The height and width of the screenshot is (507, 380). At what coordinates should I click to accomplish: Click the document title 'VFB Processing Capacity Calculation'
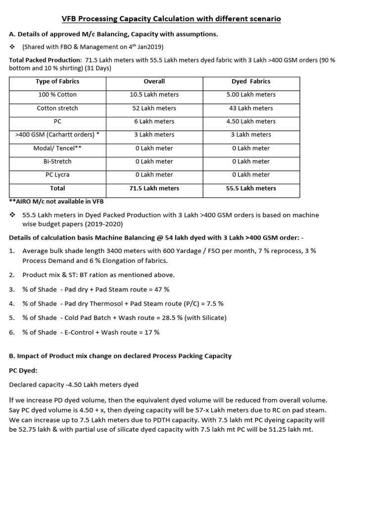click(171, 19)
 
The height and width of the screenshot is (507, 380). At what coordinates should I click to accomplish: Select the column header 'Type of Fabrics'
click(57, 81)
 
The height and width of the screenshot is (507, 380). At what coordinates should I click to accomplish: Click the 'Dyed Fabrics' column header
click(251, 81)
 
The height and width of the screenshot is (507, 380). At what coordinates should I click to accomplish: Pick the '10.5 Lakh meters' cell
click(154, 95)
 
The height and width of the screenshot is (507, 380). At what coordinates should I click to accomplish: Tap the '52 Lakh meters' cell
click(154, 108)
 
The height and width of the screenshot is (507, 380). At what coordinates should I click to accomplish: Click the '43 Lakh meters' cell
click(251, 108)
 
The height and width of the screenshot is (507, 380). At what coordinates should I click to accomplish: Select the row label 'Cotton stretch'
click(57, 108)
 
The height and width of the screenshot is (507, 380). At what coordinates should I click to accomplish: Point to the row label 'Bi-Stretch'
click(57, 161)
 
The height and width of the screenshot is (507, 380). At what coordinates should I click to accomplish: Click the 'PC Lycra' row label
click(57, 175)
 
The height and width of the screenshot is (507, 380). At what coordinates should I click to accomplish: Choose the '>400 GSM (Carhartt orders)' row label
click(57, 135)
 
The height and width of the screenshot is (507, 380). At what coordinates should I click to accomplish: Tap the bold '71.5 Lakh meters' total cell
click(154, 188)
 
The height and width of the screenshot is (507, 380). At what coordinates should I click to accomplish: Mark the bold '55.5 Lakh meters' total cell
click(251, 188)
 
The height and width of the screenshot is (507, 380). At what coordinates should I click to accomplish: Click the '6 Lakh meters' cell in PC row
click(154, 121)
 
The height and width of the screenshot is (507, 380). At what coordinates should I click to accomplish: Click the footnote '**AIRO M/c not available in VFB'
click(56, 201)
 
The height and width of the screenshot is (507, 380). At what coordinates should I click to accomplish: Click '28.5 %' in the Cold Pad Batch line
click(172, 318)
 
